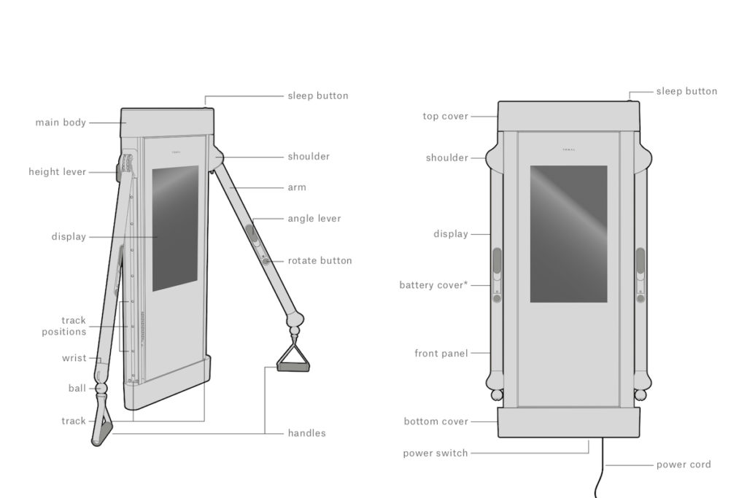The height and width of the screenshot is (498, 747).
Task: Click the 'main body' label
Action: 61,122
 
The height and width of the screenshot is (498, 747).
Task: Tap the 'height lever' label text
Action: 58,172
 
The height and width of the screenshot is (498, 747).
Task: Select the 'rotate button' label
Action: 320,260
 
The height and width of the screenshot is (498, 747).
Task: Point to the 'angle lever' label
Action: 314,218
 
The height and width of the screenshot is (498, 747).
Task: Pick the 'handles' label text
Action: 306,433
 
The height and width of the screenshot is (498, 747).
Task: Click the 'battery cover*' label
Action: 433,285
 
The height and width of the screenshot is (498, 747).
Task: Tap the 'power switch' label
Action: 436,453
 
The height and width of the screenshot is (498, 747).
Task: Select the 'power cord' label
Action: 684,464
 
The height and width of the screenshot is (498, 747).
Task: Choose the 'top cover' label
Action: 446,116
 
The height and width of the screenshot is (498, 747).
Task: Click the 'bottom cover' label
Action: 436,421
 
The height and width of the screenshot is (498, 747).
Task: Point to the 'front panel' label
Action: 441,354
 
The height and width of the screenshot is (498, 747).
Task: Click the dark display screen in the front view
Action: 568,233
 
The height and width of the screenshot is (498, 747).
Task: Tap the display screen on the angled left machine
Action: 175,226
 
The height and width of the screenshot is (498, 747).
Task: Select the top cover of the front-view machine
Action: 568,115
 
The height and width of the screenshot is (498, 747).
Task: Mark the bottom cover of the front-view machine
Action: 568,422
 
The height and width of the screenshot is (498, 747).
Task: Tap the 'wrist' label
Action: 74,358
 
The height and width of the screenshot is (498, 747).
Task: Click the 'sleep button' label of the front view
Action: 686,91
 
